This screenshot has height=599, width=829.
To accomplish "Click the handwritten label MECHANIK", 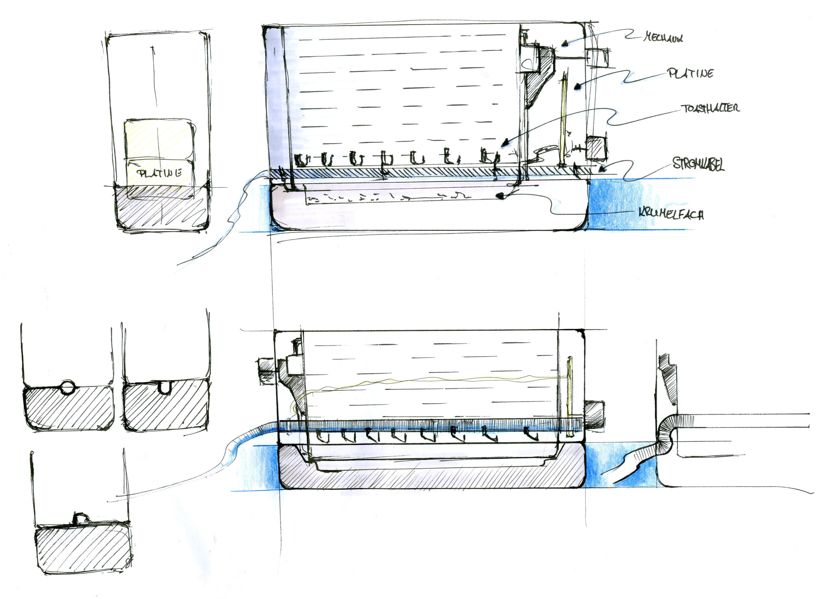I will (663, 37).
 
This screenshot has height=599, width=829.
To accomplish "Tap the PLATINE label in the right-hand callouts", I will (690, 74).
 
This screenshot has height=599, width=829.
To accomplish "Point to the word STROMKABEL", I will (698, 164).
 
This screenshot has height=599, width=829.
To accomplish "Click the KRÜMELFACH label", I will (671, 214).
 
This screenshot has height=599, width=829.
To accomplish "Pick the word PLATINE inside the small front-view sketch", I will (159, 173).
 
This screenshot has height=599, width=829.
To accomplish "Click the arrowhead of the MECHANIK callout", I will (565, 44).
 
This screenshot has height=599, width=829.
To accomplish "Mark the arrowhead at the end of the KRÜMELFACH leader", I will (500, 196).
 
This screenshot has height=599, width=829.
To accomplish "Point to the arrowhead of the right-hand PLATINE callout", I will (577, 87).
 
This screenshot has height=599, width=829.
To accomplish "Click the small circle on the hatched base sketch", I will (67, 387).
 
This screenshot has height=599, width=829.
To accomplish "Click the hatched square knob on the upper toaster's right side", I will (596, 148).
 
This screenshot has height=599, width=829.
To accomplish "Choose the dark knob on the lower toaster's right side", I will (594, 415).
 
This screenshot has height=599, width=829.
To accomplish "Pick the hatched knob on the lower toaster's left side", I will (266, 371).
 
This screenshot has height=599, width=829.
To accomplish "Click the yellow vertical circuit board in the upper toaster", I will (563, 121).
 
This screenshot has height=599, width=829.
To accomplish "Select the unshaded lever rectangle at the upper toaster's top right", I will (598, 58).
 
